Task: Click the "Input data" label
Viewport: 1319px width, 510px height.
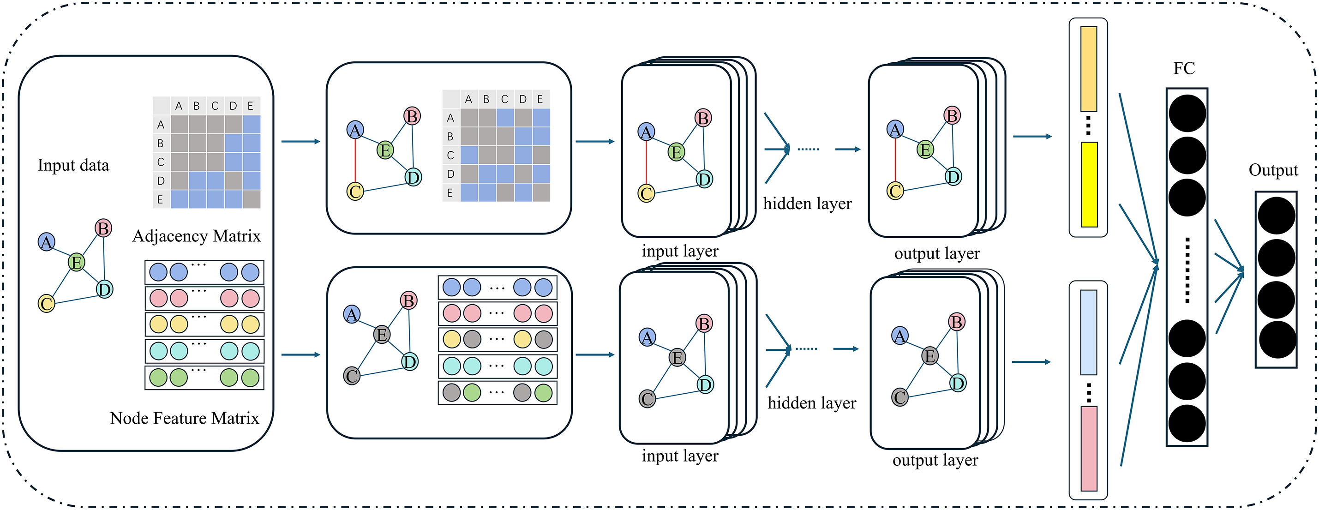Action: point(73,165)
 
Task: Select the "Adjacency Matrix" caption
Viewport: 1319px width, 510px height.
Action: point(197,236)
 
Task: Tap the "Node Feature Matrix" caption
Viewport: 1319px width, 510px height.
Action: point(184,418)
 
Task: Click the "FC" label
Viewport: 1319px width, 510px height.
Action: point(1184,68)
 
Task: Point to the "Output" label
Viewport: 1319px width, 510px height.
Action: point(1273,170)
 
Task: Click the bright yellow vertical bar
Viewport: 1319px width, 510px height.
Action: point(1089,184)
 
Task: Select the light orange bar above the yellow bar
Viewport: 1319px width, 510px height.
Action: point(1089,69)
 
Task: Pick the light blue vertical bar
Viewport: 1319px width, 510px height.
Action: point(1089,332)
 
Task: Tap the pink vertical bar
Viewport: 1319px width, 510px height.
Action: point(1089,449)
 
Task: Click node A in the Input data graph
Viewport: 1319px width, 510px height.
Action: point(47,242)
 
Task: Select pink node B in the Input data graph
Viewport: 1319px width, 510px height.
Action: point(103,228)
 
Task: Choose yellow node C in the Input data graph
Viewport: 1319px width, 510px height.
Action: point(47,304)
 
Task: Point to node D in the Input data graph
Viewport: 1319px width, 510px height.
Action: point(104,289)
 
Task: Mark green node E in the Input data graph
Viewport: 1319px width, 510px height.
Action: point(76,262)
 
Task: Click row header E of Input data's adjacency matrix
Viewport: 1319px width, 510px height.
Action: point(161,199)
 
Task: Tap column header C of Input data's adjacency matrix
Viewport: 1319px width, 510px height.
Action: point(215,106)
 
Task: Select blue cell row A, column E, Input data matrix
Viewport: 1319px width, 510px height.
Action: point(252,125)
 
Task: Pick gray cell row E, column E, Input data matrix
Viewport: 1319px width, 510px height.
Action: point(252,199)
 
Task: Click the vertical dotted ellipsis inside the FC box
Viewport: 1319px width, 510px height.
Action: point(1187,270)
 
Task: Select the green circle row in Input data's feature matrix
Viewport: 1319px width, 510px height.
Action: point(204,378)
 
